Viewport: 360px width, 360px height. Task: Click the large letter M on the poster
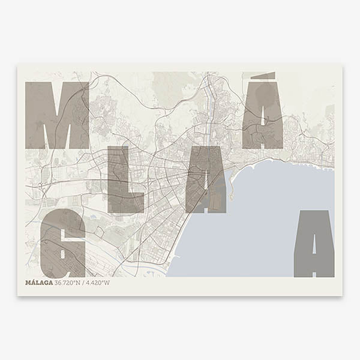[57, 115]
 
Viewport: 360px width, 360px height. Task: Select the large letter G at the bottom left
[62, 244]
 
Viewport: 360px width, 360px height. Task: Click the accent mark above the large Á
[263, 76]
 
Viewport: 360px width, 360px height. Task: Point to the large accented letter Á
[263, 117]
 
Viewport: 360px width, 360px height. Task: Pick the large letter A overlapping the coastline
[206, 180]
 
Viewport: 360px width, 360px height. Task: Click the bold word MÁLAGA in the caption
[39, 283]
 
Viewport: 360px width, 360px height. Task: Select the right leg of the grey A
[326, 258]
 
